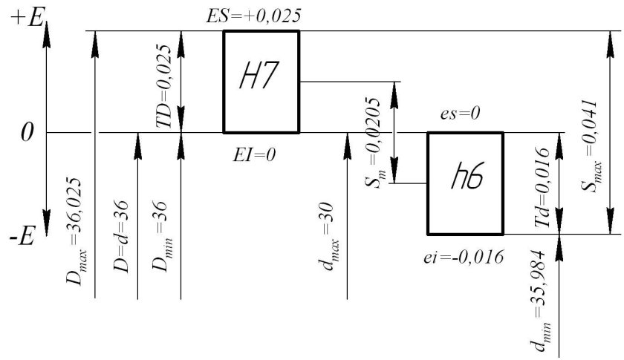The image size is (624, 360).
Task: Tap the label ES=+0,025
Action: (x=253, y=16)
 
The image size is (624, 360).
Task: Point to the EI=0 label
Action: (x=254, y=154)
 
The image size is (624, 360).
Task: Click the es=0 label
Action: (x=460, y=114)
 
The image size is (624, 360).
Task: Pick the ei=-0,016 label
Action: (x=464, y=258)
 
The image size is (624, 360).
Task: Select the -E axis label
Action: (x=22, y=238)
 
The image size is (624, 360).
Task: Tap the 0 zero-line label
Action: (x=27, y=132)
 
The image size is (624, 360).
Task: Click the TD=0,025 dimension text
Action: (x=164, y=85)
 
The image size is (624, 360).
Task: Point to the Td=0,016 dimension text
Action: (x=542, y=187)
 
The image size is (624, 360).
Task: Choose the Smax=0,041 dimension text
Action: (x=590, y=146)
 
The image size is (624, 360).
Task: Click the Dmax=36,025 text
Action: (x=75, y=232)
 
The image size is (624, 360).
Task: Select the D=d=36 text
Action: (x=121, y=236)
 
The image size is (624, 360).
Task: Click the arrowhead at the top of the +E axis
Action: (x=47, y=35)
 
